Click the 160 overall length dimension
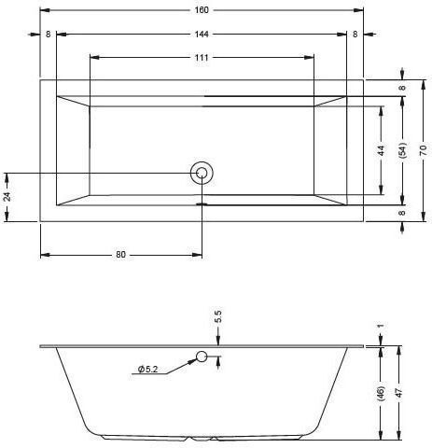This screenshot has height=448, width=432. [202, 10]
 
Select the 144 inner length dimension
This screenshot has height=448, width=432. [202, 35]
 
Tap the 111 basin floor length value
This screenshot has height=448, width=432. [202, 58]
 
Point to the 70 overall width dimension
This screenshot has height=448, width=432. [423, 150]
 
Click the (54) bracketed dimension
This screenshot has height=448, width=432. [402, 150]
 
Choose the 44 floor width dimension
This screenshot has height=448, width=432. [382, 150]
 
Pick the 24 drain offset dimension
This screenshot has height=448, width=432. [7, 197]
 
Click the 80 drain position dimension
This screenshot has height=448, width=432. [120, 255]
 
